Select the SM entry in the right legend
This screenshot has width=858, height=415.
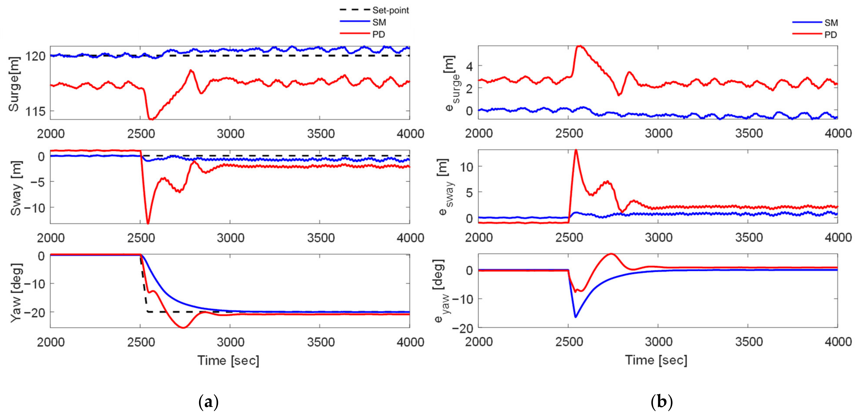(831, 23)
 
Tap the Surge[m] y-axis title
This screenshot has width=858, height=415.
(14, 83)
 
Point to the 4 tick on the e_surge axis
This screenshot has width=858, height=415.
(469, 66)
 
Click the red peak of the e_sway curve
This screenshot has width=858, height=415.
(576, 150)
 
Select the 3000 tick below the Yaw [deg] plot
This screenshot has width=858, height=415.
(230, 342)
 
